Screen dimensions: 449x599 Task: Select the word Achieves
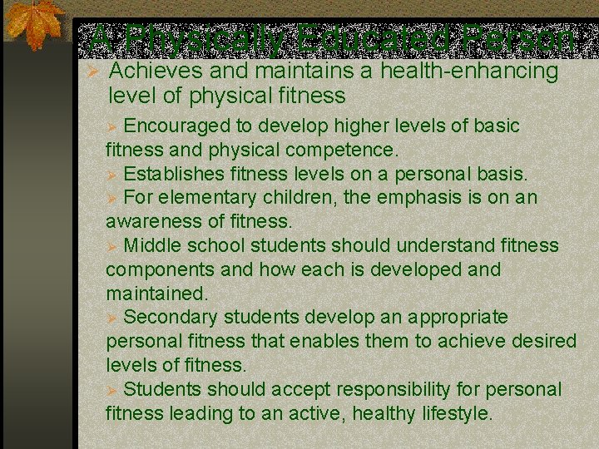[x=156, y=72]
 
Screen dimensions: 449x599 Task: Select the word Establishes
[x=176, y=175]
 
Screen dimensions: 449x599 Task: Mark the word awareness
[x=155, y=222]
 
